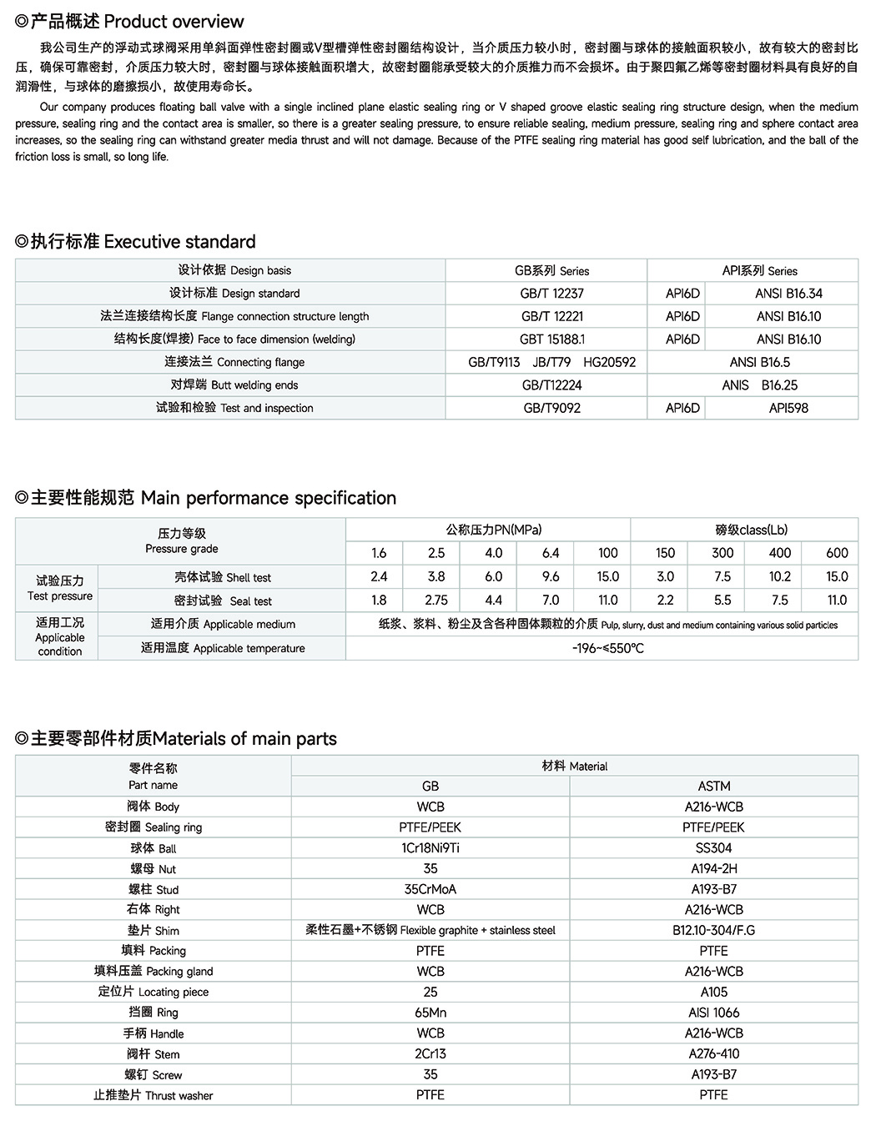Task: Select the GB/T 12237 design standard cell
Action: tap(551, 294)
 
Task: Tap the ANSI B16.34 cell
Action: tap(788, 294)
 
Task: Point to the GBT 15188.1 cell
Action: tap(551, 339)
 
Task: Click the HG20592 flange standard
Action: tap(609, 362)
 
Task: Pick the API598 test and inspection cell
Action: tap(788, 408)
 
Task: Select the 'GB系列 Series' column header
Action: tap(551, 271)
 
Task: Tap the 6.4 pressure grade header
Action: tap(551, 553)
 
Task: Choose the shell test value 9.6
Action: tap(551, 576)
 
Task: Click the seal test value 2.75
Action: tap(436, 600)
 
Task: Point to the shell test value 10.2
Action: tap(779, 576)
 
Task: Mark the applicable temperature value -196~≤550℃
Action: tap(607, 648)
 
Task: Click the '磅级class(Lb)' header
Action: tap(751, 530)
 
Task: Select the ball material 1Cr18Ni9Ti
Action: tap(430, 847)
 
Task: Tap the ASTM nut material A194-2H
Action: tap(714, 868)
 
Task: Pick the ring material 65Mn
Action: tap(430, 1012)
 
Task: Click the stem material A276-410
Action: tap(714, 1053)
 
